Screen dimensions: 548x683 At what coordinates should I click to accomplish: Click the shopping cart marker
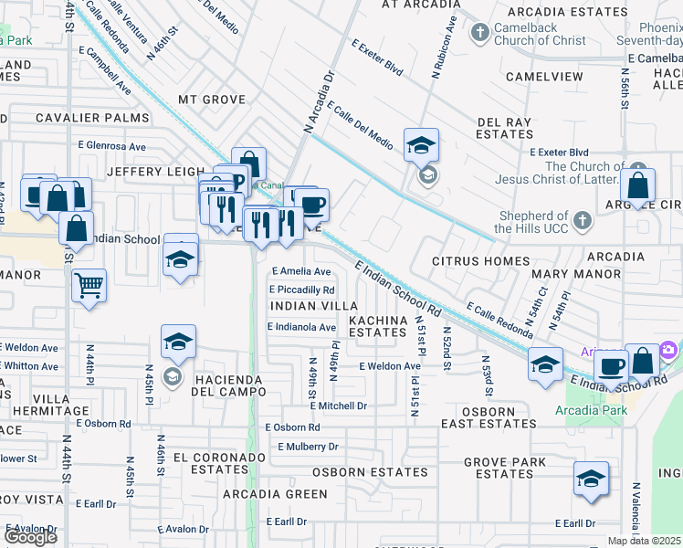pyautogui.click(x=89, y=284)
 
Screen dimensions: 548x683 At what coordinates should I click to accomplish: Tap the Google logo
pyautogui.click(x=30, y=537)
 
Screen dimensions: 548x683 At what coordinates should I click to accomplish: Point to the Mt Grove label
pyautogui.click(x=212, y=100)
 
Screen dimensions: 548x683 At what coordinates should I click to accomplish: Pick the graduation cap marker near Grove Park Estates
pyautogui.click(x=591, y=478)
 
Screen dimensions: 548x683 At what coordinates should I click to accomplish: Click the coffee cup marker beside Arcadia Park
pyautogui.click(x=610, y=365)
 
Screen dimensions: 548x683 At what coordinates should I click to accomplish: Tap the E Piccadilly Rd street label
pyautogui.click(x=301, y=290)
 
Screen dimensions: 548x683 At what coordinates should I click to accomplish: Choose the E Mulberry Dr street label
pyautogui.click(x=308, y=447)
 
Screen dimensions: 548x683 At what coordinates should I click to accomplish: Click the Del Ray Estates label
pyautogui.click(x=505, y=128)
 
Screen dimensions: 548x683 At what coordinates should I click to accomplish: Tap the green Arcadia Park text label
pyautogui.click(x=591, y=410)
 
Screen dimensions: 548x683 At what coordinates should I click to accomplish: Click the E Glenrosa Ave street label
pyautogui.click(x=112, y=145)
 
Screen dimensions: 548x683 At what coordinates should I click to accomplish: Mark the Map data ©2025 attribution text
pyautogui.click(x=645, y=541)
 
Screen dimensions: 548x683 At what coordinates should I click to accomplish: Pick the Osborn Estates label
pyautogui.click(x=370, y=472)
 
